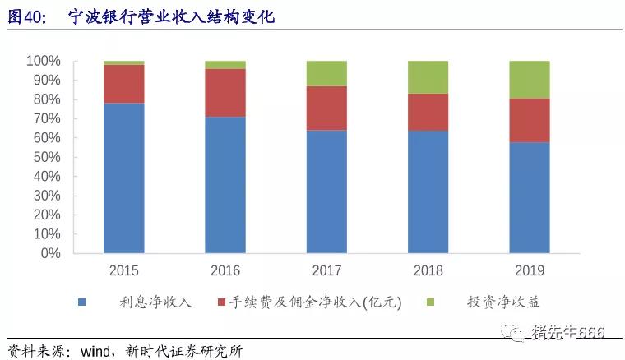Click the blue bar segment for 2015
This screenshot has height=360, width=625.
[x=124, y=178]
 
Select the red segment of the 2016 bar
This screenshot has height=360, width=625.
[x=225, y=93]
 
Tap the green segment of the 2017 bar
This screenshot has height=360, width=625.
[x=326, y=73]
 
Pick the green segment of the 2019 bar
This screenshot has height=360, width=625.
[x=529, y=80]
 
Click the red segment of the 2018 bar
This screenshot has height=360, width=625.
[x=428, y=112]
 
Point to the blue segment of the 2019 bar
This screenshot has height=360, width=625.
[x=529, y=197]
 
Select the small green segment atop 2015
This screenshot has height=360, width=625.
[x=124, y=62]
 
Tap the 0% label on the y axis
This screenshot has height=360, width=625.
[x=50, y=253]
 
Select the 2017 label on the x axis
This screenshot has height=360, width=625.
[x=326, y=270]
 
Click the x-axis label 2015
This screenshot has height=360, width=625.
[x=124, y=270]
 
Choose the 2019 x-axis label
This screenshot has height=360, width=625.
[x=529, y=270]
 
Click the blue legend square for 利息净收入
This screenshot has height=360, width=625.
[x=82, y=302]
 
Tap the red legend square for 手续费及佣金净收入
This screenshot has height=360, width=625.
[x=223, y=302]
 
